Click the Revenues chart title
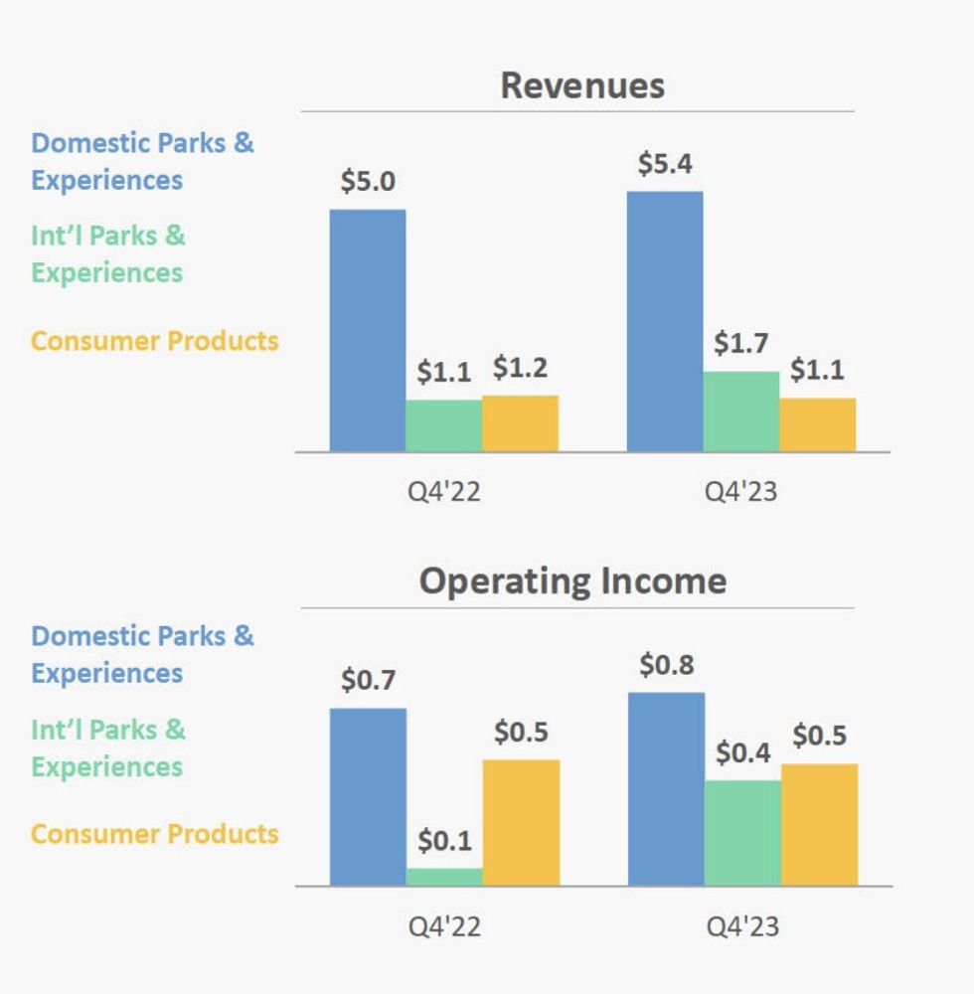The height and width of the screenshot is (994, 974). (582, 85)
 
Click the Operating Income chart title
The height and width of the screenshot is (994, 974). (572, 580)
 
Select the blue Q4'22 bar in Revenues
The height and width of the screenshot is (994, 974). (368, 330)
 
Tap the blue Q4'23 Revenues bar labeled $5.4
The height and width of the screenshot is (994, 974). (665, 321)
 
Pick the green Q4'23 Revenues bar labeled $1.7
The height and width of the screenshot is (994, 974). (741, 412)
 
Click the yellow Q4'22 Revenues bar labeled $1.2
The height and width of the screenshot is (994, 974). (520, 423)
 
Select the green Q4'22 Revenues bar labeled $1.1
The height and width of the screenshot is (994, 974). (443, 425)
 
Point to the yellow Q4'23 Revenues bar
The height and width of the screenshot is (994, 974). (817, 424)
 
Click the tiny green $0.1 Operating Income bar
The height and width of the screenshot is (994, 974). (444, 876)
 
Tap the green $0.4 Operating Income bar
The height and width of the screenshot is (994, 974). (742, 832)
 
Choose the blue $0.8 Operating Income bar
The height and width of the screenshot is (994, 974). (666, 788)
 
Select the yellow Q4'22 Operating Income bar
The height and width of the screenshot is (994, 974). (521, 822)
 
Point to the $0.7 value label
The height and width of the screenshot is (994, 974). (368, 681)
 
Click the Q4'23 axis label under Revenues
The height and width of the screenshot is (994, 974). (741, 492)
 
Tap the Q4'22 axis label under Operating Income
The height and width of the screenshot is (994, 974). (444, 926)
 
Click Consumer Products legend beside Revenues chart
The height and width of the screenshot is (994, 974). (154, 341)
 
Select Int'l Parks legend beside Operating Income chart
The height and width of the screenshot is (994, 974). (107, 747)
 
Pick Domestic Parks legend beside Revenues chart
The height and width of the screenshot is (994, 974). (141, 161)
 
